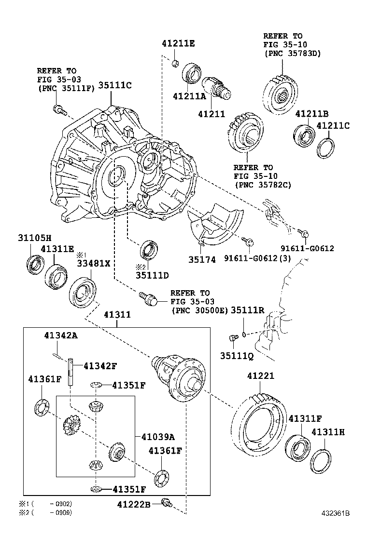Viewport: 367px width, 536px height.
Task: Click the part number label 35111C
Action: point(115,86)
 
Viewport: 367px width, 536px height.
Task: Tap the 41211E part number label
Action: point(178,43)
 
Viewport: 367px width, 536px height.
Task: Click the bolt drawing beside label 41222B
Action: point(167,503)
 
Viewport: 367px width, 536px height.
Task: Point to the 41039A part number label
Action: point(158,437)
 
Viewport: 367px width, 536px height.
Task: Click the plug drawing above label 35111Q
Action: point(234,338)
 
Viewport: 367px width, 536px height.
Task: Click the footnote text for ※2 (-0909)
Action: point(45,513)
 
